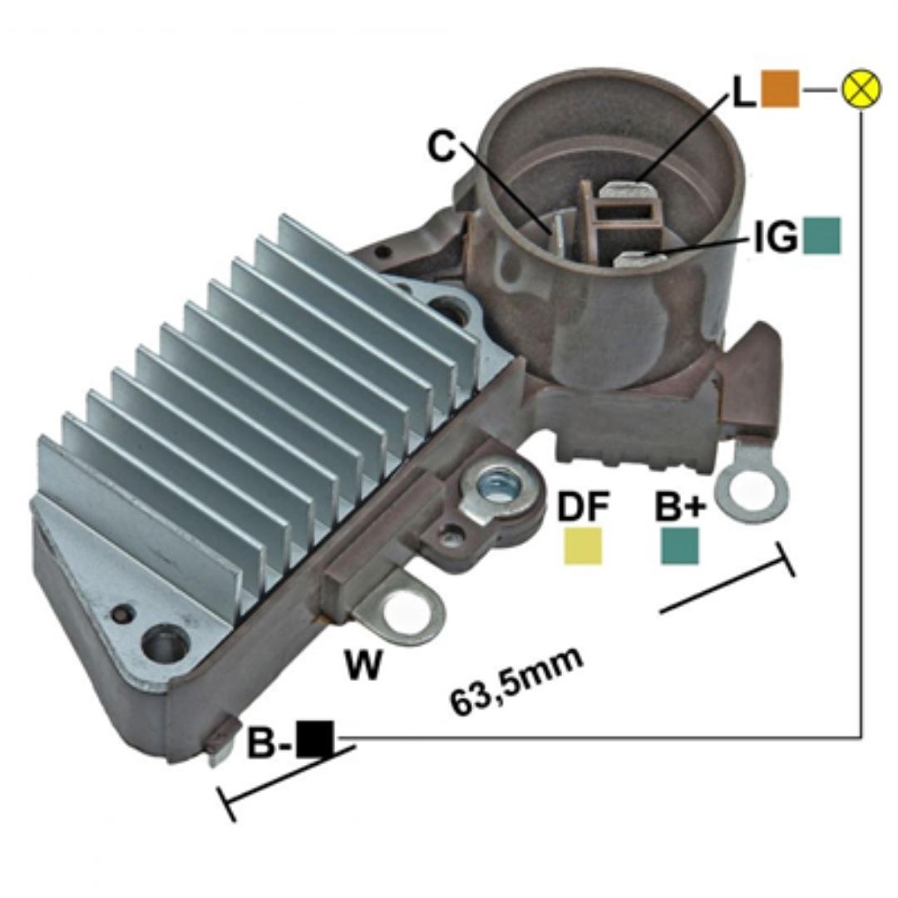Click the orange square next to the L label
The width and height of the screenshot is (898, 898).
pos(779,89)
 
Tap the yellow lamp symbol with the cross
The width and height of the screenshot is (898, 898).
pos(861,90)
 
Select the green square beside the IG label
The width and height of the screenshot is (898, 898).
pos(822,235)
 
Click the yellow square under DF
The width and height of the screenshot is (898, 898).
pos(583,545)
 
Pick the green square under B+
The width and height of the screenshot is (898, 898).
pos(680,545)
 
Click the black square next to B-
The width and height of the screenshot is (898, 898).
pos(315,739)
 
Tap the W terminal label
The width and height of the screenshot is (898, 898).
pos(363,664)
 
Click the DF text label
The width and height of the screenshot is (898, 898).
pos(584,506)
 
